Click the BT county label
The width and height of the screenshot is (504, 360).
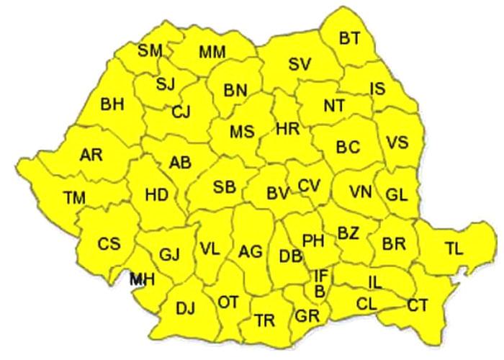coord(349,39)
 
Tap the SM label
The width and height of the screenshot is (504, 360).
coord(150,50)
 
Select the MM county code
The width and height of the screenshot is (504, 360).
coord(212,52)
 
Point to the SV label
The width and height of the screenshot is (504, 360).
coord(299,64)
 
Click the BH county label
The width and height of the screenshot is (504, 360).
coord(112,104)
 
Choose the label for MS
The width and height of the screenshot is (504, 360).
coord(242,132)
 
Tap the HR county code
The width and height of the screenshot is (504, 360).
coord(287,130)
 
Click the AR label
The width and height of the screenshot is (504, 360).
coord(91,154)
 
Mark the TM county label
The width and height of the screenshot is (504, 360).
coord(73,197)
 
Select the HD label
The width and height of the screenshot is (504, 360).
coord(156,194)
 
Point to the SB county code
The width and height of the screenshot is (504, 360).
coord(224,187)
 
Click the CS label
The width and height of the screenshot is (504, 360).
coord(109,244)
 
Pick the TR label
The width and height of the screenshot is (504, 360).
coord(264,320)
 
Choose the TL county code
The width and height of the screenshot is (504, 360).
coord(454,249)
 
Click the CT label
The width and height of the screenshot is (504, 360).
coord(418,305)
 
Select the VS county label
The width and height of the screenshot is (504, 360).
coord(397,142)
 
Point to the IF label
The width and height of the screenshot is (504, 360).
coord(321,275)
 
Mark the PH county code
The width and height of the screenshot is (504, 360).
coord(312,240)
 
